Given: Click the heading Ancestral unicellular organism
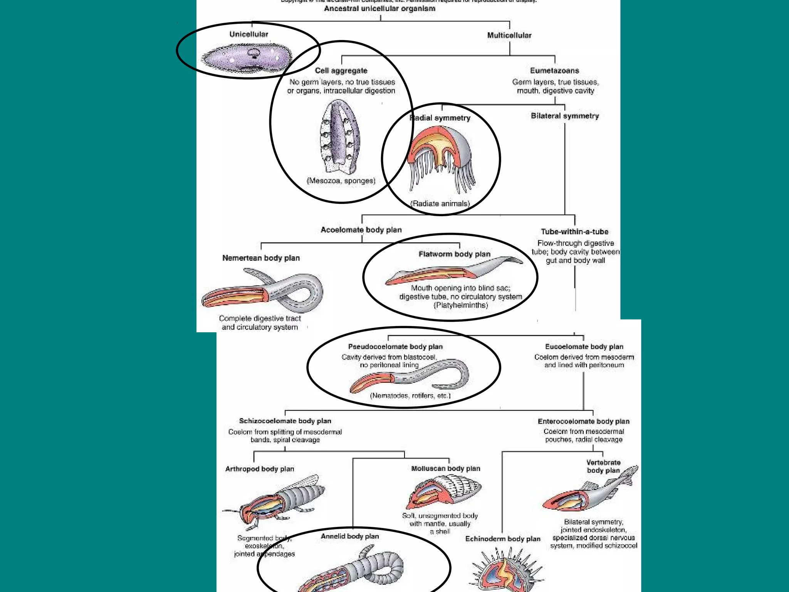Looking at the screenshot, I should point(379,8).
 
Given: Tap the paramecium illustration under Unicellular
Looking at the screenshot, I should point(247,58).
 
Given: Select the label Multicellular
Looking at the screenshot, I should point(509,35).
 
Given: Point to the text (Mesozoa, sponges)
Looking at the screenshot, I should point(341,181).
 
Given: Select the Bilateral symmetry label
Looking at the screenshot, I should point(565,116).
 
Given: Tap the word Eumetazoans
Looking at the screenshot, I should point(554,71).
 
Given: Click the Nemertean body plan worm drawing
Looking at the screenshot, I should point(262,291).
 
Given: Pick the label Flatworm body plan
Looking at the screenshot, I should point(454,254).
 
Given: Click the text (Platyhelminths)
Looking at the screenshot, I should point(461,305).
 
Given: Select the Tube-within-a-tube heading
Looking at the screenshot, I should point(574,232).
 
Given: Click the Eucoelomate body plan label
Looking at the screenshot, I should point(584,346).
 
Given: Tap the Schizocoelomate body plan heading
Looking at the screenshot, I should point(285,421).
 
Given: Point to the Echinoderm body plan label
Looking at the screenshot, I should point(503,539).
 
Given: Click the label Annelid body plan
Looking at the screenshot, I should point(350,536).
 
